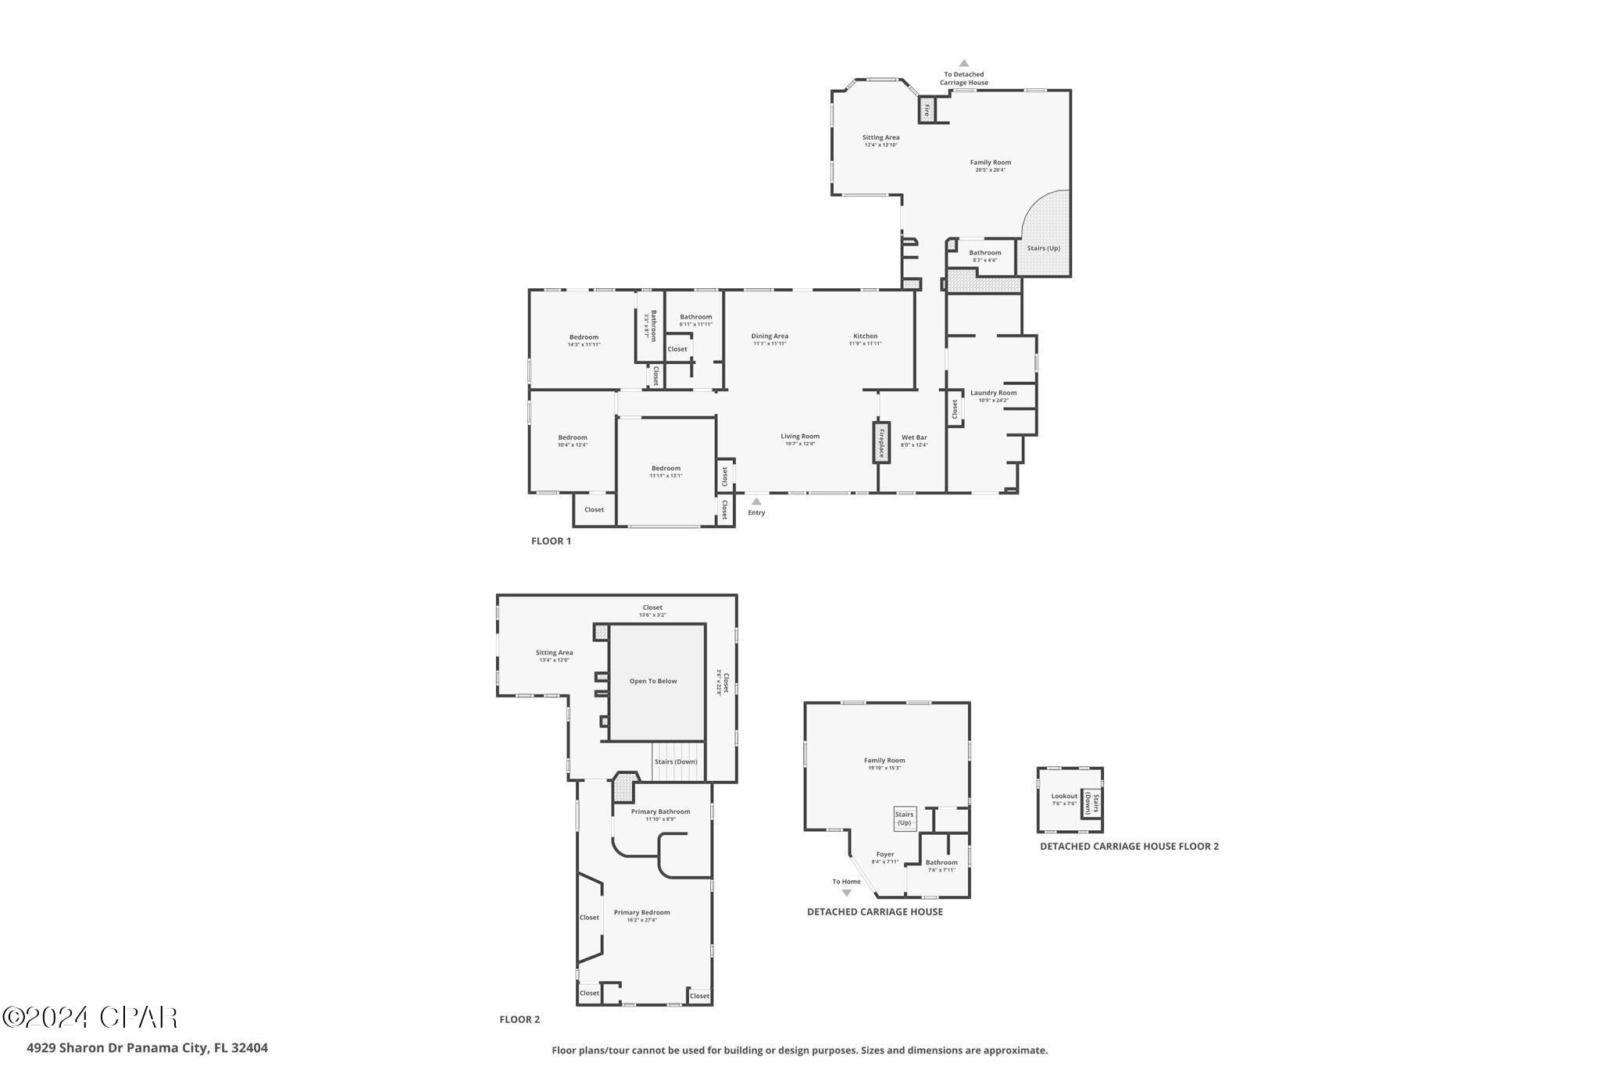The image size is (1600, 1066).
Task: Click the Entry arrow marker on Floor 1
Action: (x=755, y=501)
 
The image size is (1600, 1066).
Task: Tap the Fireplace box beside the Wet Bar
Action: (x=881, y=443)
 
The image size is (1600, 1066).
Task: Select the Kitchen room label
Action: (x=865, y=336)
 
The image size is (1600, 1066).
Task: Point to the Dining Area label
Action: (x=770, y=336)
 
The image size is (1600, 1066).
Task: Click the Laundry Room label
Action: (x=993, y=393)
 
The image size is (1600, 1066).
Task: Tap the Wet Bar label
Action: (x=914, y=437)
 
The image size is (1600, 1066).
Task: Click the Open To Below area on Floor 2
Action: (x=653, y=681)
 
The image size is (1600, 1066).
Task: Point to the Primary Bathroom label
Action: (x=660, y=811)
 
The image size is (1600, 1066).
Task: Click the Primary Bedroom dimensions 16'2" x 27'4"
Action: (x=641, y=920)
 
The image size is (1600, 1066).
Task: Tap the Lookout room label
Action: (x=1063, y=796)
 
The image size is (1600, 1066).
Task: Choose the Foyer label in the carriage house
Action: (x=884, y=854)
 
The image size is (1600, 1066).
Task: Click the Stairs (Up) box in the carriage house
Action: (x=904, y=818)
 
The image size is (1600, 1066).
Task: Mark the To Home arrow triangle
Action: (x=846, y=893)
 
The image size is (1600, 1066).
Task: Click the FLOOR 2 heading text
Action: (x=520, y=1019)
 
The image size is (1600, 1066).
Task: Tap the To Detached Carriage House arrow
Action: (x=964, y=63)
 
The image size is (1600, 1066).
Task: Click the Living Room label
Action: (x=800, y=437)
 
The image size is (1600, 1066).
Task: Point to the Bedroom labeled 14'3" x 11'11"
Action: (x=584, y=337)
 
